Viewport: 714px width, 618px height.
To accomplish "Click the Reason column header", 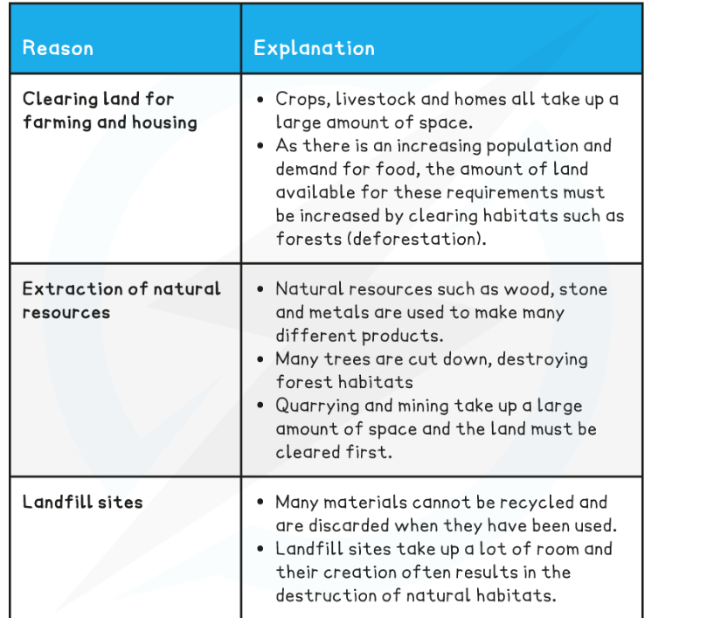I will (58, 48).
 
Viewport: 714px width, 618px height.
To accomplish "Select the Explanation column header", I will (314, 48).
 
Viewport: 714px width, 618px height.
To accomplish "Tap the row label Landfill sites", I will (82, 502).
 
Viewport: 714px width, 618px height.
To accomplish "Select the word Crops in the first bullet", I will (300, 100).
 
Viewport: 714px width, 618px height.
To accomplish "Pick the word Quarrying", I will (318, 406).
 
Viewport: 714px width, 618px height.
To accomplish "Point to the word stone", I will (583, 288).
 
